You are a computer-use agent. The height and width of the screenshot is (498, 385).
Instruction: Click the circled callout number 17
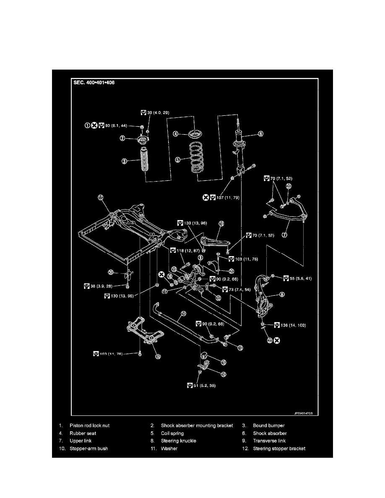[101, 198]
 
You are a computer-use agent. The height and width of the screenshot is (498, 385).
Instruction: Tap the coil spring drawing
[196, 158]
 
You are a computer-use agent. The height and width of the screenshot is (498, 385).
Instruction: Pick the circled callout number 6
[260, 134]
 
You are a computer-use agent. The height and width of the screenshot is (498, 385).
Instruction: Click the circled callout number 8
[282, 295]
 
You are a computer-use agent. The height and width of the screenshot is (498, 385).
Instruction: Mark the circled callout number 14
[183, 314]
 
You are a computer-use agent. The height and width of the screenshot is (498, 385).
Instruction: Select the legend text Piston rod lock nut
[89, 425]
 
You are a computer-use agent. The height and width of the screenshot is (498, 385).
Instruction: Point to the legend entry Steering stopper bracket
[279, 449]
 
